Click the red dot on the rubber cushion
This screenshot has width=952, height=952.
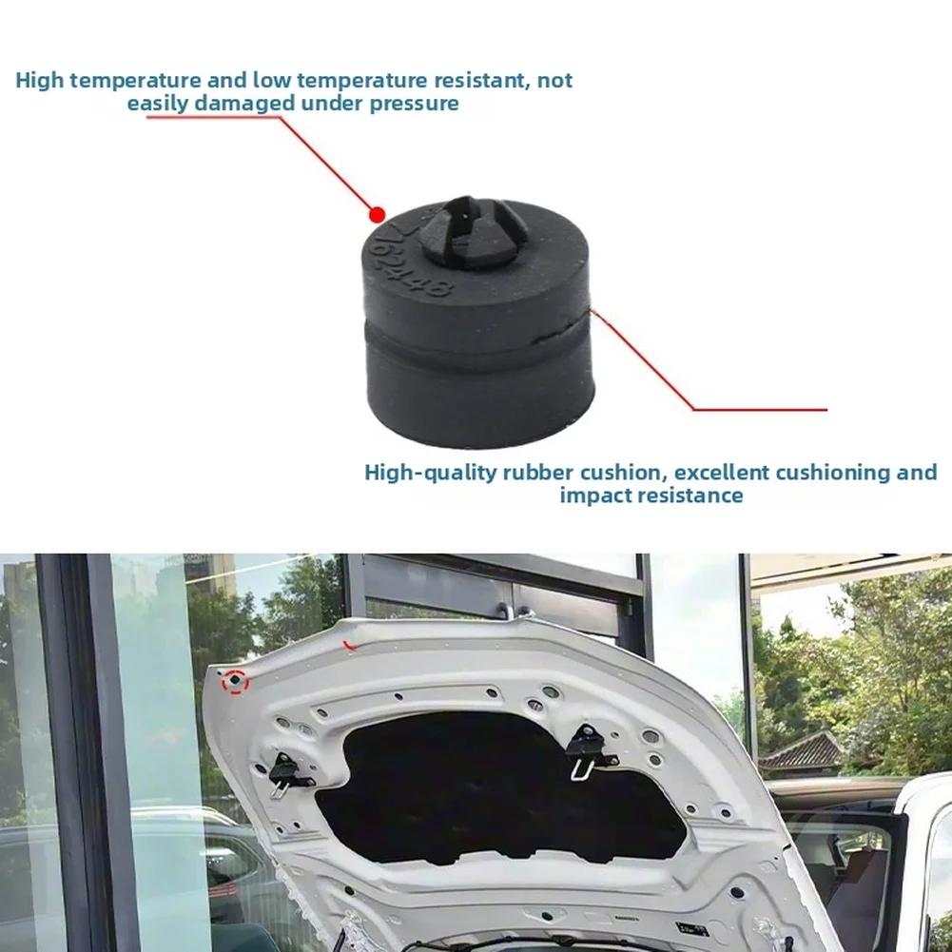coord(377,214)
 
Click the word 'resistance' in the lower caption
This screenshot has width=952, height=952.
coord(689,495)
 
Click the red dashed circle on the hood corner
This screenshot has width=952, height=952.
coord(235,682)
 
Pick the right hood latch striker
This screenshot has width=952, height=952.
coord(588,750)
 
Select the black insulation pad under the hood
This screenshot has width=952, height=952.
coord(497,789)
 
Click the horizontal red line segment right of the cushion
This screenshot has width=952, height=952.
coord(760,409)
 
